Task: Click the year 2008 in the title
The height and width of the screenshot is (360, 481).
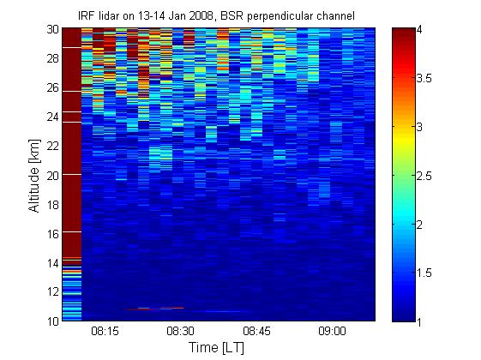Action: point(201,15)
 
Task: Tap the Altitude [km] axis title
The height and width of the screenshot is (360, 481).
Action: point(34,176)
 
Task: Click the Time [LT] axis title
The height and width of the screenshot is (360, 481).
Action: point(217,348)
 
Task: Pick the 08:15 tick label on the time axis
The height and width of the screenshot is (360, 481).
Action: point(105,331)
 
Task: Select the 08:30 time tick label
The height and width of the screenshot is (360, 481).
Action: point(180,331)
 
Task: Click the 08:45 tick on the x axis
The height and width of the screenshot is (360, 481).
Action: point(256,331)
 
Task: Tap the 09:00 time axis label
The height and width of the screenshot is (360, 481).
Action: point(332,331)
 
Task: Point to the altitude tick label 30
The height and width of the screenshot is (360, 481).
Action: point(53,29)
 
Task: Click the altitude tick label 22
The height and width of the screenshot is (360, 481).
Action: point(53,146)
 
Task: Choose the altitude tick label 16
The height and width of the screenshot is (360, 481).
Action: point(53,234)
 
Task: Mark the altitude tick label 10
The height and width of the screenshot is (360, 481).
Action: point(53,321)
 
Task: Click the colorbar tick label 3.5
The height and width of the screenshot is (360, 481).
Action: point(424,79)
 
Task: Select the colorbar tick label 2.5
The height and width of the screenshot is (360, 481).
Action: point(424,176)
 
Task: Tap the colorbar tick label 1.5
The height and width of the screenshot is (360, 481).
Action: point(424,273)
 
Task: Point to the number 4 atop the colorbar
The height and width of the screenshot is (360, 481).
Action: point(419,30)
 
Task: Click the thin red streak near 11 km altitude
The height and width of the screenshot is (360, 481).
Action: point(155,309)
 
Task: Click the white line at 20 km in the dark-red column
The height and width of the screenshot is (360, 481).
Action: point(72,175)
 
